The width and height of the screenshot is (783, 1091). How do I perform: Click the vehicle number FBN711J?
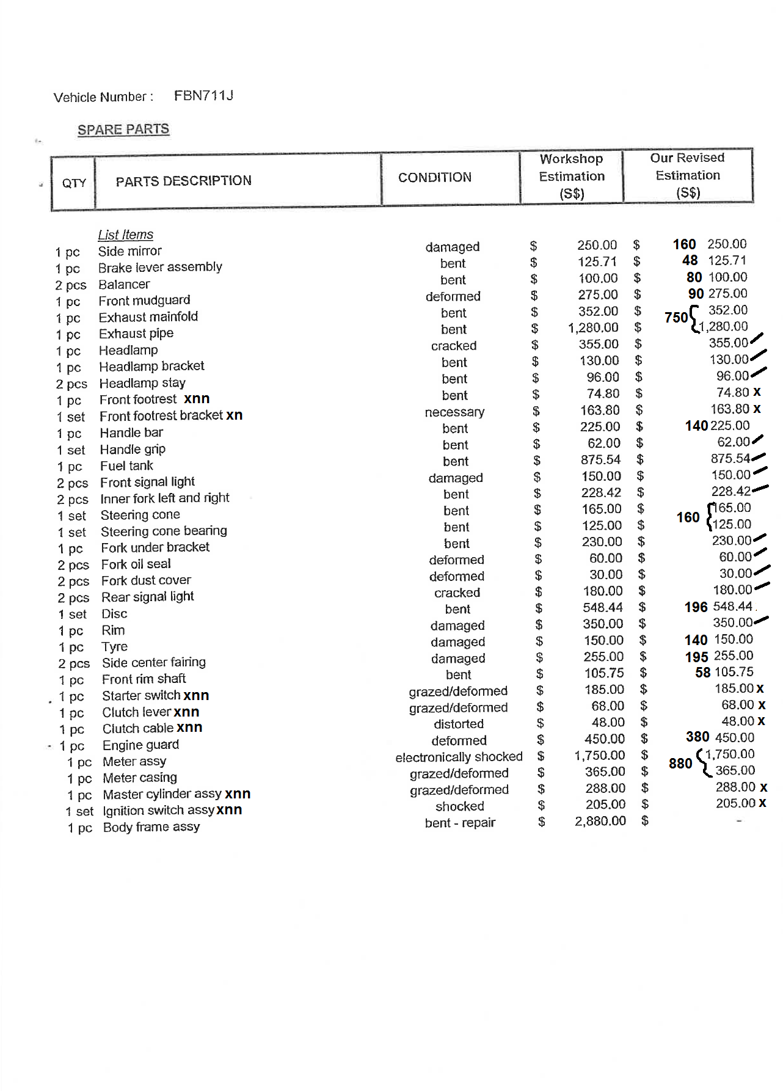(x=203, y=96)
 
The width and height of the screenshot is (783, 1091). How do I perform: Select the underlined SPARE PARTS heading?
(x=123, y=130)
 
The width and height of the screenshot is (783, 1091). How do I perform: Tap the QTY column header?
(x=74, y=183)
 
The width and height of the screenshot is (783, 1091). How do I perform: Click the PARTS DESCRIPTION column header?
(x=183, y=181)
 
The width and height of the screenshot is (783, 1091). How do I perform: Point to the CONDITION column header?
(x=435, y=177)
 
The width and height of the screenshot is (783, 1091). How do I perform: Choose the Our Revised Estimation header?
(x=688, y=175)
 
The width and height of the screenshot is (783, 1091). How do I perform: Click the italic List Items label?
(x=125, y=235)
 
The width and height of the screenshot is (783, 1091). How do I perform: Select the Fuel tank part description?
(x=126, y=466)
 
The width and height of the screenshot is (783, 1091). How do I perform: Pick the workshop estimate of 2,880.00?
(x=600, y=821)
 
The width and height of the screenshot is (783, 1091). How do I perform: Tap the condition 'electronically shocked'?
(x=459, y=757)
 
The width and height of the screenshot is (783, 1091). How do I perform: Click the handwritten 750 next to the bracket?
(x=676, y=318)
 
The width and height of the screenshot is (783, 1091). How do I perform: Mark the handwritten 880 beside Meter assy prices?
(x=680, y=764)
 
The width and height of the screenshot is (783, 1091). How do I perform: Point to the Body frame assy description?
(x=151, y=827)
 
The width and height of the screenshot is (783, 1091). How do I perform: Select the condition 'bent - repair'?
(x=460, y=823)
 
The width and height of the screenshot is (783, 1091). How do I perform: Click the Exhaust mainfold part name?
(x=148, y=317)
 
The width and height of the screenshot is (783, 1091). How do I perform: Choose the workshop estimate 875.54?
(x=600, y=460)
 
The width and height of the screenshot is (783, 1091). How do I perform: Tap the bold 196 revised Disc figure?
(x=696, y=607)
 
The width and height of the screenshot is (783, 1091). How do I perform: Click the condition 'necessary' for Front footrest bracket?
(x=454, y=412)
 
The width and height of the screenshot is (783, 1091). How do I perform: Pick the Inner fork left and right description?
(x=165, y=498)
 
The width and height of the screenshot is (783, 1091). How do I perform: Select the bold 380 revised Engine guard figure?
(x=697, y=737)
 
